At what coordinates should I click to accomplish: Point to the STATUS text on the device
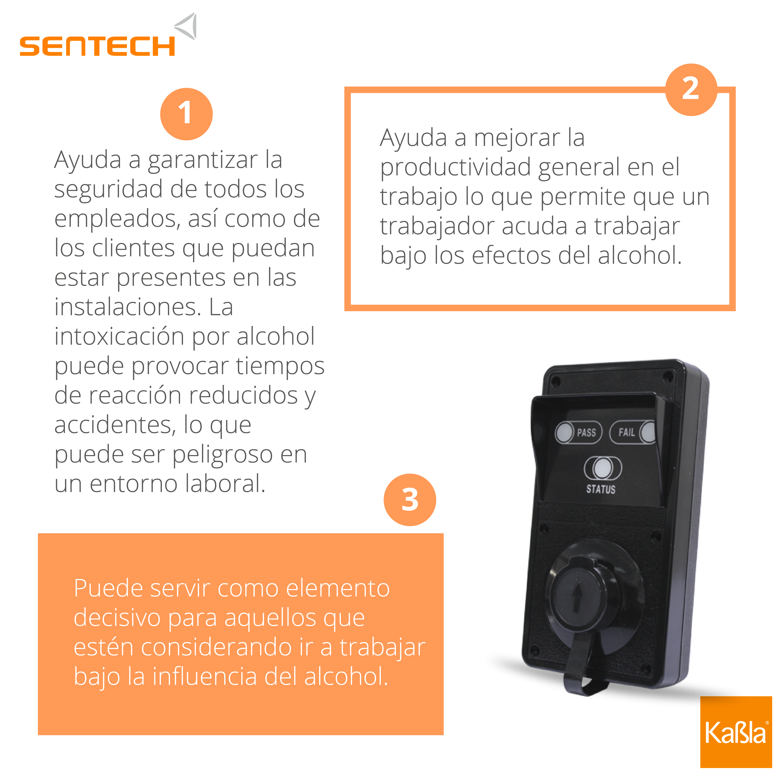[x=601, y=489]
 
